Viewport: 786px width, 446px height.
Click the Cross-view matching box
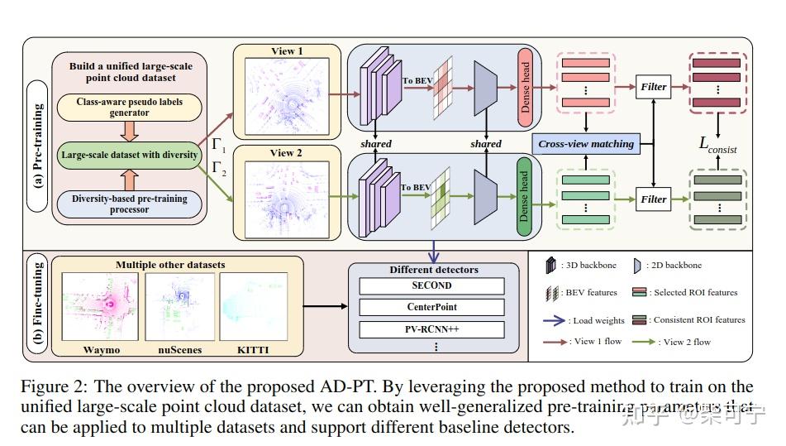pyautogui.click(x=586, y=143)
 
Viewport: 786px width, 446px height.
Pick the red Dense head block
pyautogui.click(x=524, y=88)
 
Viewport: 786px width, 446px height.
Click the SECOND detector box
pyautogui.click(x=431, y=285)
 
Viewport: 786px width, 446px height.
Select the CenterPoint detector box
pyautogui.click(x=431, y=308)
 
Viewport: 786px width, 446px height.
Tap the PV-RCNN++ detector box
pyautogui.click(x=431, y=329)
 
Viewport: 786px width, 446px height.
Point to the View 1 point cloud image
pyautogui.click(x=287, y=95)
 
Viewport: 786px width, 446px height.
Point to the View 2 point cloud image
pyautogui.click(x=287, y=196)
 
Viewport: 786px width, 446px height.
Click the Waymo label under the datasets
pyautogui.click(x=101, y=349)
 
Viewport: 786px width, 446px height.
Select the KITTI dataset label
pyautogui.click(x=253, y=349)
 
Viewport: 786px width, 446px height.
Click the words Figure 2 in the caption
pyautogui.click(x=52, y=387)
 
